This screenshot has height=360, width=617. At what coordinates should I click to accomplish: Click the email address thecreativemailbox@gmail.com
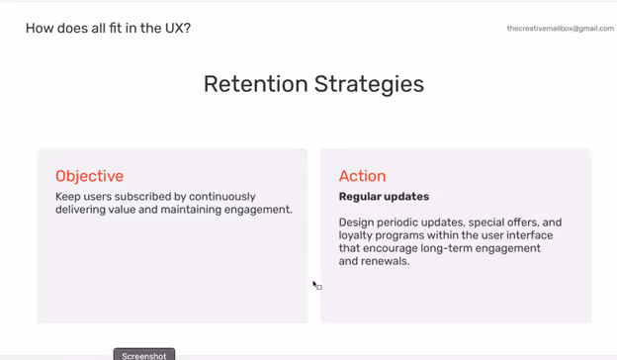coord(560,29)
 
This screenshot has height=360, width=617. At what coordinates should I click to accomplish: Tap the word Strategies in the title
coord(369,85)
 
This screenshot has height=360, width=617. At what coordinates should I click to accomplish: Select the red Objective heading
coord(89,176)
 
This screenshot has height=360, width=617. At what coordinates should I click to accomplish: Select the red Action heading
coord(362,176)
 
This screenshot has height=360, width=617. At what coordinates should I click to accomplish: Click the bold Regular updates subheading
coord(384,197)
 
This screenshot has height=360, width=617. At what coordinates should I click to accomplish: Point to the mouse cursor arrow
coord(315,285)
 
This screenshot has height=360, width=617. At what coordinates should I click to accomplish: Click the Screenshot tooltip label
coord(143,355)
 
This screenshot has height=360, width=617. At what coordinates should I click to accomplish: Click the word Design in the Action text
coord(359,223)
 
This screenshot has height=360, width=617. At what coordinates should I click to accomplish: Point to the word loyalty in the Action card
coord(359,235)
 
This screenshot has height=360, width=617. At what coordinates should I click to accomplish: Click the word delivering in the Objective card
coord(84,210)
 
